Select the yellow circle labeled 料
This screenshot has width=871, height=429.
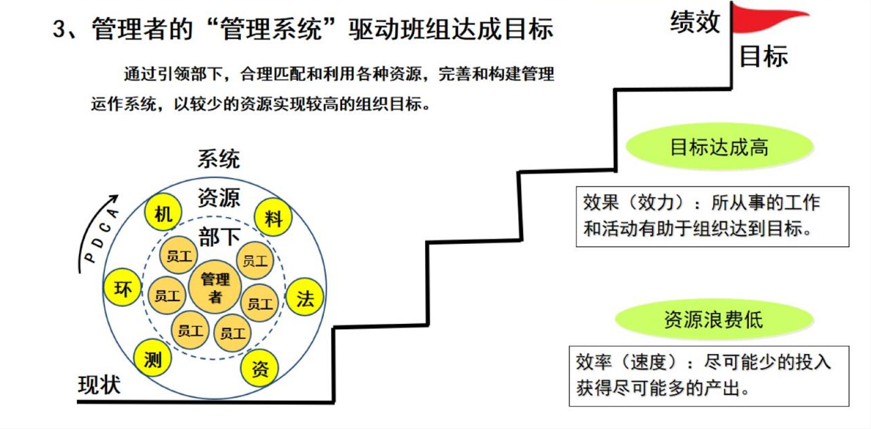click(x=273, y=218)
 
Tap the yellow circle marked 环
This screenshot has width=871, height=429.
click(x=123, y=288)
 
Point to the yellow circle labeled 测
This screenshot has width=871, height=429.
click(x=153, y=358)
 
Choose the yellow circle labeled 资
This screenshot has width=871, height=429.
click(x=260, y=369)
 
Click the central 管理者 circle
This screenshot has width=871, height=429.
click(x=215, y=288)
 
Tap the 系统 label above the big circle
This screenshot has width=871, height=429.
click(x=219, y=158)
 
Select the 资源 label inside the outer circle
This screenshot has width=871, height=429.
click(x=219, y=197)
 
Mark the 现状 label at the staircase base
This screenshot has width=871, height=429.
click(x=100, y=385)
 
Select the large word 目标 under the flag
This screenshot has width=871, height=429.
click(x=763, y=57)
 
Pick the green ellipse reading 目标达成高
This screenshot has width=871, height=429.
click(x=720, y=147)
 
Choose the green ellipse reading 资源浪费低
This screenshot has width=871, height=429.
click(x=714, y=319)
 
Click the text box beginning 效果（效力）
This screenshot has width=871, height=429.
click(x=712, y=216)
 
